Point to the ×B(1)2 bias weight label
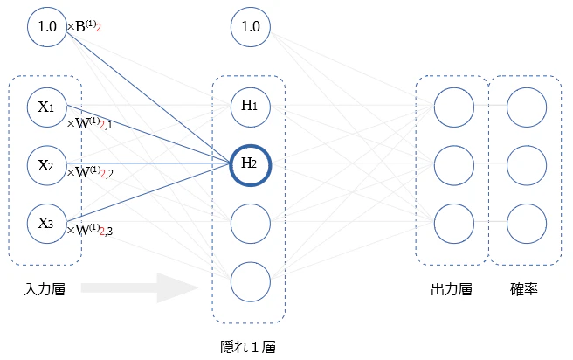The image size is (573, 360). click(x=84, y=27)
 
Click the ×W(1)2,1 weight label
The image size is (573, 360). click(x=90, y=123)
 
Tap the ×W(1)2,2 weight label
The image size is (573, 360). click(x=90, y=172)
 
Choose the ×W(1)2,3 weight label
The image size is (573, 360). click(x=90, y=230)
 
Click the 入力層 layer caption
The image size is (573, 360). click(x=45, y=289)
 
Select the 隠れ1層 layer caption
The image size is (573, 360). click(x=248, y=347)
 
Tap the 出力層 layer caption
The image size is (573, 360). click(x=452, y=289)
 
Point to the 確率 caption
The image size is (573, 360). click(x=524, y=289)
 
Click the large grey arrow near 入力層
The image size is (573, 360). click(x=140, y=287)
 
